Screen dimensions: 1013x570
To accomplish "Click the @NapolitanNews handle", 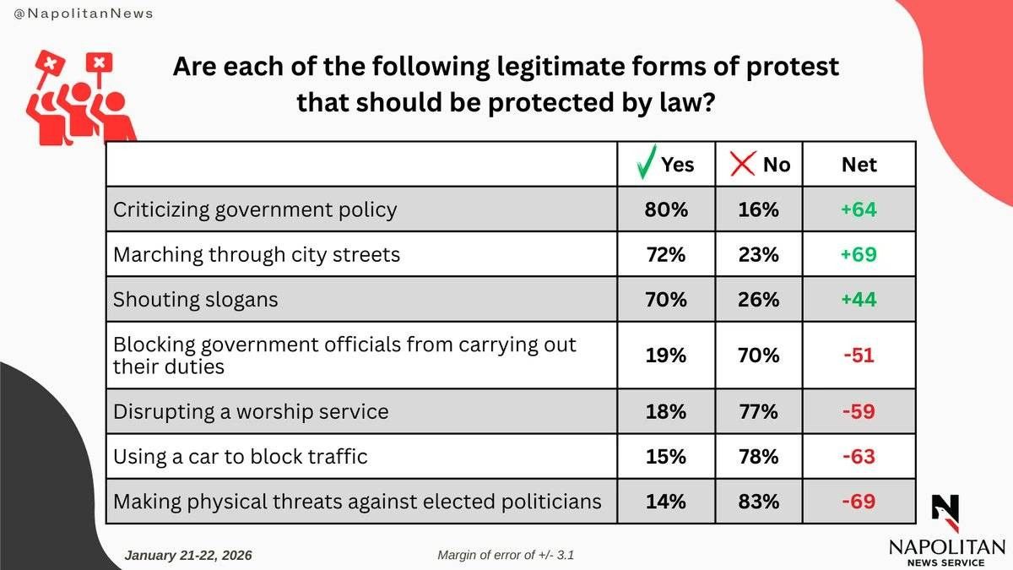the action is coord(84,14).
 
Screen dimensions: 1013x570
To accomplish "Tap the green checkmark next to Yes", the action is coord(646,162).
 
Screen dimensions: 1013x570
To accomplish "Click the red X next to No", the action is coord(743,164).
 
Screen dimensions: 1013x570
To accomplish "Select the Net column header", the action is coord(859,164).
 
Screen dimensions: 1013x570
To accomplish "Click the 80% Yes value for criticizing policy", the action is coord(666,209).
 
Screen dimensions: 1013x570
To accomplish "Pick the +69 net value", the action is coord(859,254).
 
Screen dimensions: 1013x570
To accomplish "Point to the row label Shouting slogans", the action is coord(195,300).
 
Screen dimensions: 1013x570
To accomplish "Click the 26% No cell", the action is coord(758,300).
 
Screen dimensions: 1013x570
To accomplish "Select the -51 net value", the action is coord(859,356).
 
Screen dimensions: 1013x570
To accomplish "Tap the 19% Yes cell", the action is coord(666,356).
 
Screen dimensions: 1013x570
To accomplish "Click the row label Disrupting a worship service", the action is coord(251,412).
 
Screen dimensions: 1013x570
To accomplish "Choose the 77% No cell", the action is coord(758,411).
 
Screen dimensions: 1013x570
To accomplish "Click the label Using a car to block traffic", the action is coord(240,456).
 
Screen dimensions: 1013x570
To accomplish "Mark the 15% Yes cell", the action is coord(666,457).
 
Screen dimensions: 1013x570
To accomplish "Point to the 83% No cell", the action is coord(758,502).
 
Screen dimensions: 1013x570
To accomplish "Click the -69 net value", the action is coord(859,502).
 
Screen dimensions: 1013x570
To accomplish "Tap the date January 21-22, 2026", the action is coord(188,555).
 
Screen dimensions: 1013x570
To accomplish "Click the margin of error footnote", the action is coord(506,555).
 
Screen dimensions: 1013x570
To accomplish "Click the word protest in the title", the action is coord(793,67).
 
